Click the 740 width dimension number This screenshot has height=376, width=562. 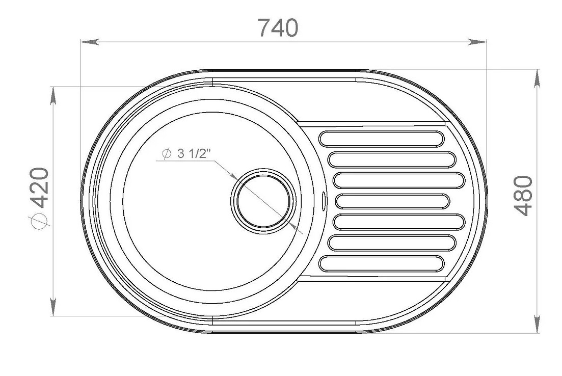click(x=278, y=28)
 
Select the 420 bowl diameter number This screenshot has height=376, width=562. click(x=39, y=188)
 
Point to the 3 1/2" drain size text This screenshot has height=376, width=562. click(x=193, y=153)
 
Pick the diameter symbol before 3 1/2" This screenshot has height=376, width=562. click(x=167, y=154)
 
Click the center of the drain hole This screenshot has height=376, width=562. click(x=263, y=201)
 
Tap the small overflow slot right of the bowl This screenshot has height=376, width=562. click(x=324, y=200)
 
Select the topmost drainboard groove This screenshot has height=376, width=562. click(x=381, y=139)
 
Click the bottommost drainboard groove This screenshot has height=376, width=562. click(x=381, y=263)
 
